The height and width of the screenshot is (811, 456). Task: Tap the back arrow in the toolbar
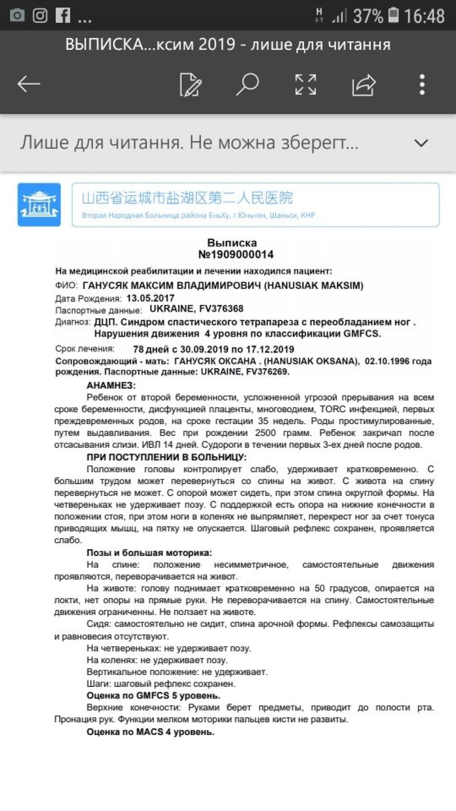[29, 84]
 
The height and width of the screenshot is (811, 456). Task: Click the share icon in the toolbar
[363, 84]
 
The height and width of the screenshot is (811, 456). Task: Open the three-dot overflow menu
[422, 84]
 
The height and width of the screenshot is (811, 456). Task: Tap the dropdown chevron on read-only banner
[421, 143]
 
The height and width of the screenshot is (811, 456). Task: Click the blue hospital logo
[39, 205]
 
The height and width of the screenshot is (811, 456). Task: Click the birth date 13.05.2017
[150, 298]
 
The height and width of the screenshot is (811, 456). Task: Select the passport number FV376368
[221, 308]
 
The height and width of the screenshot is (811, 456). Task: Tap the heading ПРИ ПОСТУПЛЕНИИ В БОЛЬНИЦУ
[166, 457]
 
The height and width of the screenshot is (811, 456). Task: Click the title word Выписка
[232, 243]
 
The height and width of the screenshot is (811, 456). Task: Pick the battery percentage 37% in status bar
[368, 16]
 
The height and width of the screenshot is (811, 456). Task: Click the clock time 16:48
[424, 16]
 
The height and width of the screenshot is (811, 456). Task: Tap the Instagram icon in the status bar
[40, 15]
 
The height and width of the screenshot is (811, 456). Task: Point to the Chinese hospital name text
[187, 198]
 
